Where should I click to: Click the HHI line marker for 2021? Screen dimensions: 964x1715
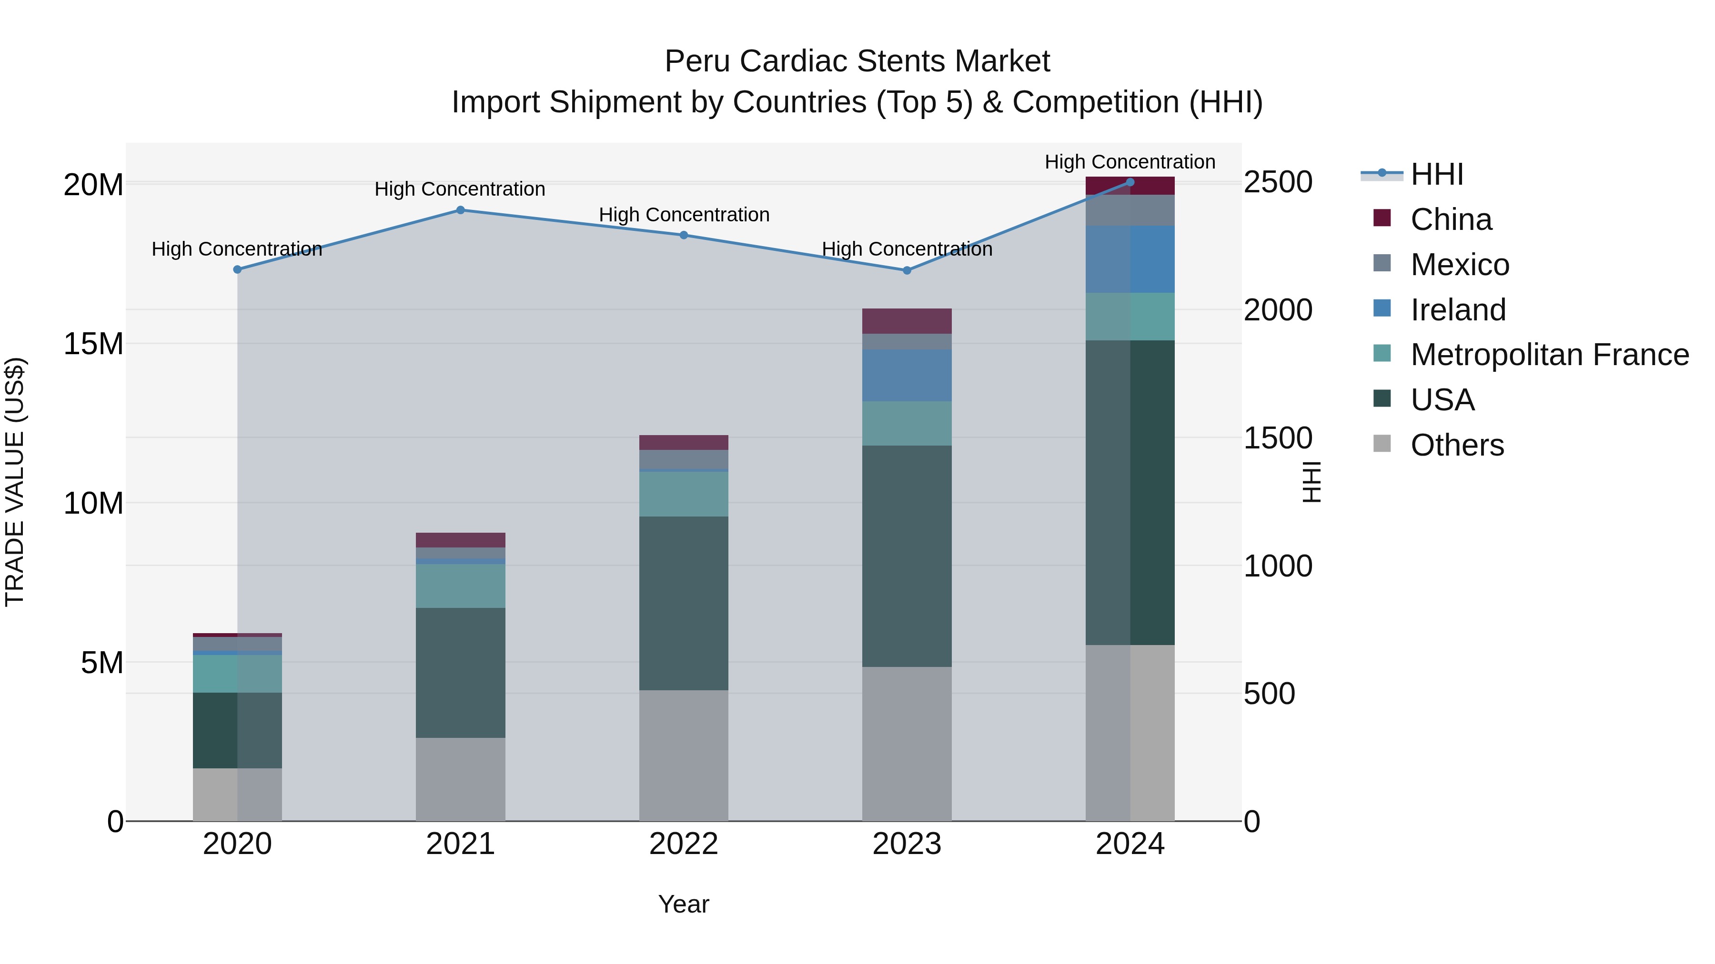(x=460, y=210)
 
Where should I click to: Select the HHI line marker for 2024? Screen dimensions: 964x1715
(x=1130, y=182)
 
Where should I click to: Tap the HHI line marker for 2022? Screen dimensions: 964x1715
(x=684, y=235)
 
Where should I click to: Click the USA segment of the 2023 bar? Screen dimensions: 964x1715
(x=907, y=556)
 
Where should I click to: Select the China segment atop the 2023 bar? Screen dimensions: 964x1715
(x=907, y=321)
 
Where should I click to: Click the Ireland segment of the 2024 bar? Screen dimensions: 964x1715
(x=1130, y=259)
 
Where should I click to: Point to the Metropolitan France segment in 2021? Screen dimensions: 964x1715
(x=460, y=586)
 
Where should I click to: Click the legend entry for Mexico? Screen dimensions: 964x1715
(x=1459, y=265)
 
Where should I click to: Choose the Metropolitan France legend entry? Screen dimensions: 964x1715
(x=1549, y=355)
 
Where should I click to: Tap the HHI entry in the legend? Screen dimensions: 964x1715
(x=1437, y=174)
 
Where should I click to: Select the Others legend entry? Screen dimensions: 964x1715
(x=1457, y=445)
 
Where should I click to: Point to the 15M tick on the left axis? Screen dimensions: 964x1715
(x=93, y=344)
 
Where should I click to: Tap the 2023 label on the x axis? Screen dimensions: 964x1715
(x=907, y=844)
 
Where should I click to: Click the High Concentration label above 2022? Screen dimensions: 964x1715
(x=684, y=215)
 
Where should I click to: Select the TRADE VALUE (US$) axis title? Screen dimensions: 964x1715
(x=15, y=482)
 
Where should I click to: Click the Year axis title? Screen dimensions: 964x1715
(x=684, y=904)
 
